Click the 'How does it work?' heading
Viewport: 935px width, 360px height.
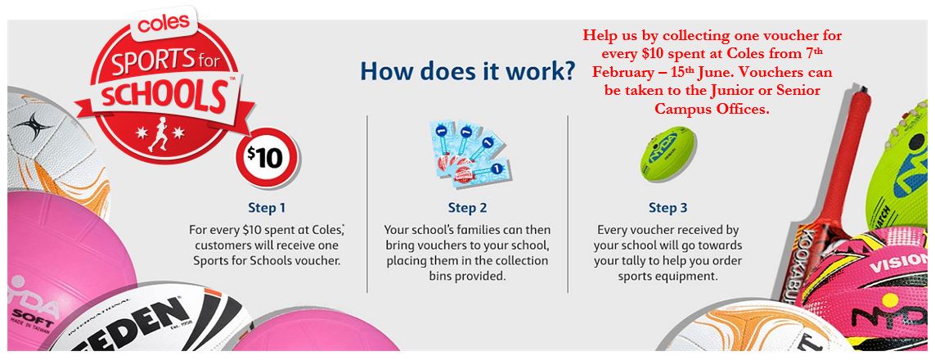468,70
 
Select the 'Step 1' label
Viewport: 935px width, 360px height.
267,208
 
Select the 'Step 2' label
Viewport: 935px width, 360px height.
468,208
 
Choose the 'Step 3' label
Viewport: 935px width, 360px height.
668,208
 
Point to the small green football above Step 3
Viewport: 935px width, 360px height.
668,152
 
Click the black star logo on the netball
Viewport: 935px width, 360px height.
33,125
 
